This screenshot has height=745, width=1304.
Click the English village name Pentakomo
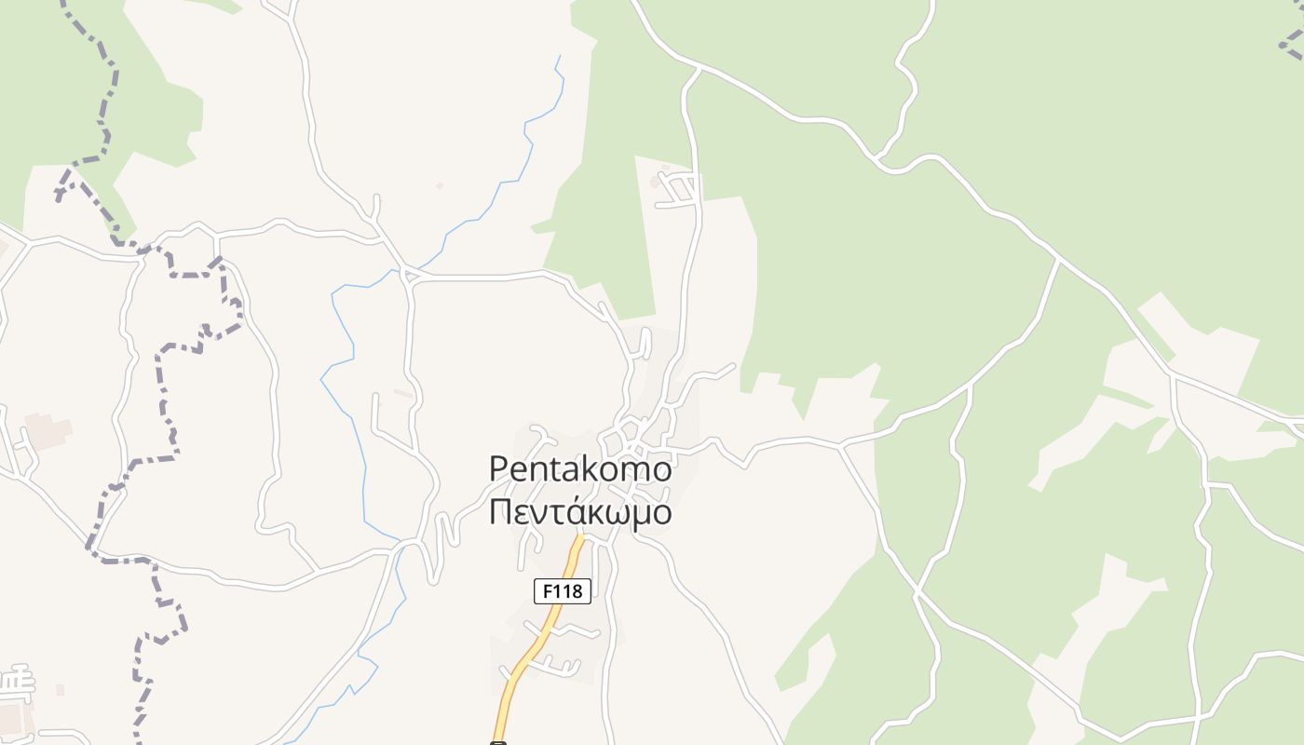tap(579, 469)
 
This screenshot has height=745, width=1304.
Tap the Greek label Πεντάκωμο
tap(579, 512)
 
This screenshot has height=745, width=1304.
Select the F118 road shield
tap(563, 590)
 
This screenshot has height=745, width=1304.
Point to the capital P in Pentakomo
tap(499, 469)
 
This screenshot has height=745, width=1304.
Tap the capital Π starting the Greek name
tap(500, 512)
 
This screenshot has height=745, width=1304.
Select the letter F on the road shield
tap(545, 590)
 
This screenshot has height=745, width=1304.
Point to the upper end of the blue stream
tap(559, 58)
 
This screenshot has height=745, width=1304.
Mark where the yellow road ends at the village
tap(581, 537)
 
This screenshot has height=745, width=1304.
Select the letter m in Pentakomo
tap(630, 469)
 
